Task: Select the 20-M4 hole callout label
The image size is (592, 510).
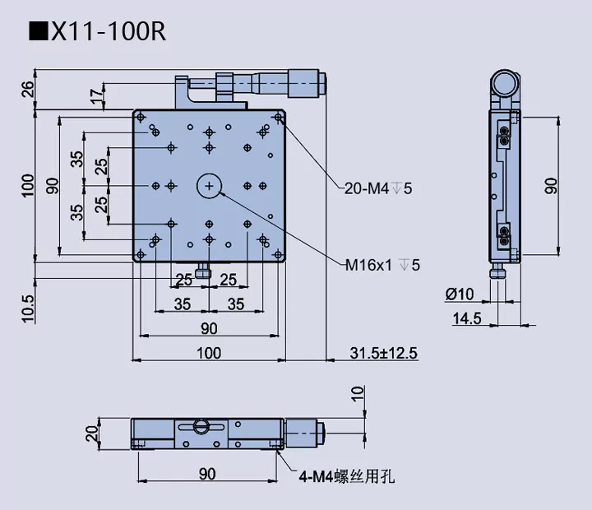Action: (377, 188)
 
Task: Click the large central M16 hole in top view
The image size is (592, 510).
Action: (210, 188)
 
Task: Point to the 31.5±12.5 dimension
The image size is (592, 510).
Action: (384, 353)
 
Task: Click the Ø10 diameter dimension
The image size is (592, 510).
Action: (460, 294)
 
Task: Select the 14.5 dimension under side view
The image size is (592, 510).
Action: (466, 318)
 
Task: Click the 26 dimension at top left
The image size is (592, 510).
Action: (28, 90)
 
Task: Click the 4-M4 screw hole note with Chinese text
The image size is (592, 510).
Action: (346, 475)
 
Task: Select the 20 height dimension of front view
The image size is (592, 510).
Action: (92, 434)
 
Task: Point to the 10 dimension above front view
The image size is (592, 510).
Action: (358, 394)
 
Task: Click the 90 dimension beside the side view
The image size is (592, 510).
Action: (551, 186)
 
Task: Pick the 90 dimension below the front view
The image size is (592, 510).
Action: (206, 473)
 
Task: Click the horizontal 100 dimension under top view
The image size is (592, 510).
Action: (209, 353)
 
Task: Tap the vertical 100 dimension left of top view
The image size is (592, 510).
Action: (28, 186)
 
